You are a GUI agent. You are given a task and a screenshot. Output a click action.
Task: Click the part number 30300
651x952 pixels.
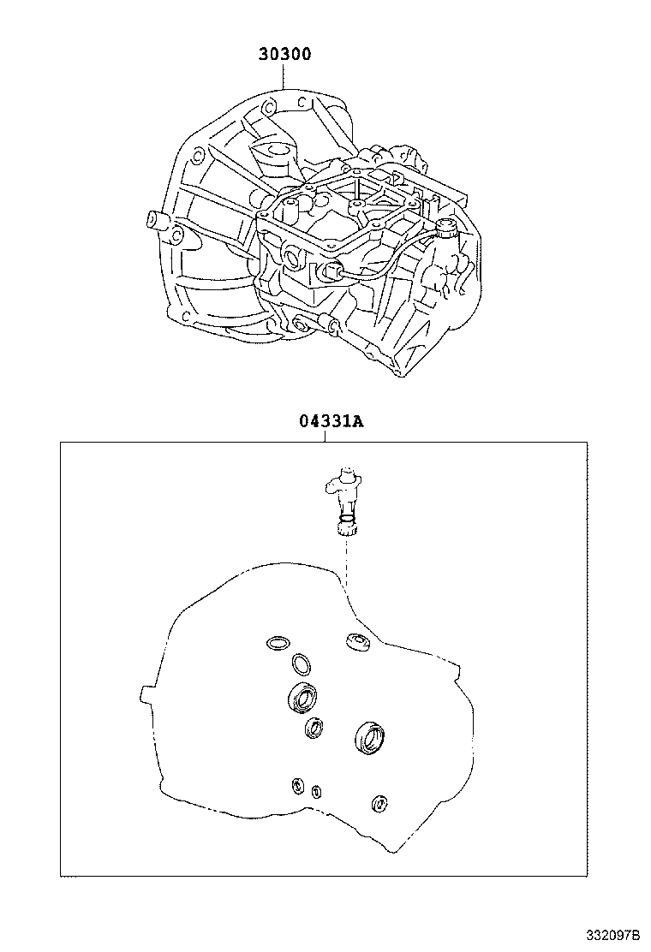(x=284, y=54)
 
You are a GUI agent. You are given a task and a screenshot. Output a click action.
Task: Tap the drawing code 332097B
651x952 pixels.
(x=612, y=932)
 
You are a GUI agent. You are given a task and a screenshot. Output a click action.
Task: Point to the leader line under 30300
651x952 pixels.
(x=284, y=77)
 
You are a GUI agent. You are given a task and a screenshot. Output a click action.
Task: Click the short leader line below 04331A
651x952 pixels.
(x=325, y=436)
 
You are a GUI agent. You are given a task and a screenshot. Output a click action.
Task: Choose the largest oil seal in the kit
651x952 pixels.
(x=370, y=737)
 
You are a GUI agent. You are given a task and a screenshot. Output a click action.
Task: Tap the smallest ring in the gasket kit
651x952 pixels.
(x=316, y=791)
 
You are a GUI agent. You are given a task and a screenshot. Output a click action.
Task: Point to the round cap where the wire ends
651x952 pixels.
(x=445, y=227)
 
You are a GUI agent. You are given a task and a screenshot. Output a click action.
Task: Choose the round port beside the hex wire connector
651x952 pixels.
(x=291, y=257)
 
